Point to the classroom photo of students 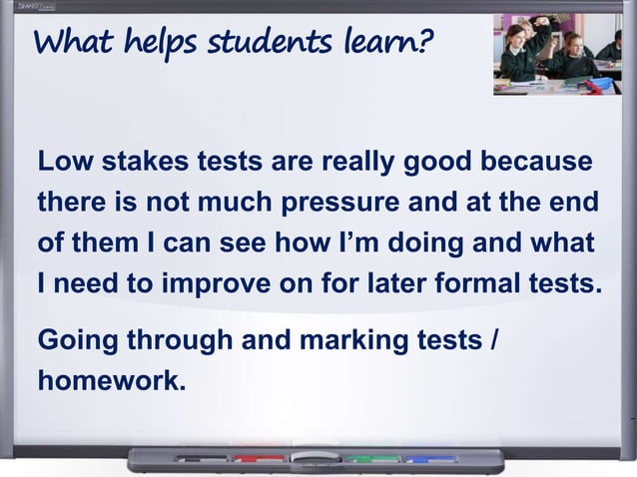click(x=556, y=54)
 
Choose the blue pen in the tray click(x=430, y=459)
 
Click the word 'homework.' click(x=111, y=380)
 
